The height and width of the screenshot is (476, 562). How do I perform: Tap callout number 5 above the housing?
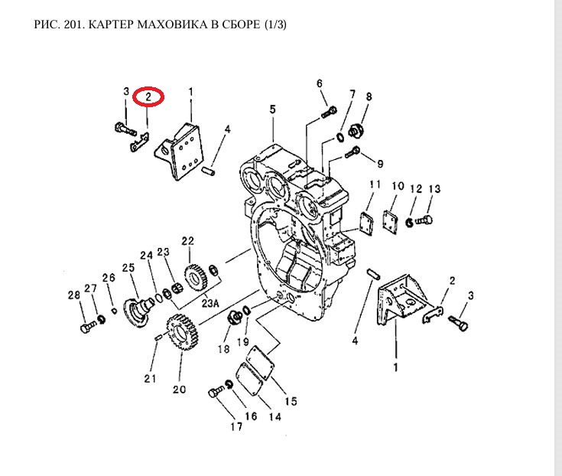[x=271, y=109]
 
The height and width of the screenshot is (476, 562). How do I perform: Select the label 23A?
[x=211, y=303]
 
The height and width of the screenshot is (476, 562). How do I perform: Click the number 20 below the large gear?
[x=179, y=389]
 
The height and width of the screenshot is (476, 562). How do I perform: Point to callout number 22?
[x=188, y=241]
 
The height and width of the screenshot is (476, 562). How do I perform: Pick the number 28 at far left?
[x=73, y=295]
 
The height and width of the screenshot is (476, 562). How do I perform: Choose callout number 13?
[x=434, y=189]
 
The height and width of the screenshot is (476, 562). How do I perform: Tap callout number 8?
[x=368, y=96]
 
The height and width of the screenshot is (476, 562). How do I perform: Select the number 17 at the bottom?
[x=216, y=426]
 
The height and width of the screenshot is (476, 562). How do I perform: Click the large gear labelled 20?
[x=180, y=333]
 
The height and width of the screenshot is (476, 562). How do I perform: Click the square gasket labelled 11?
[x=369, y=221]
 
